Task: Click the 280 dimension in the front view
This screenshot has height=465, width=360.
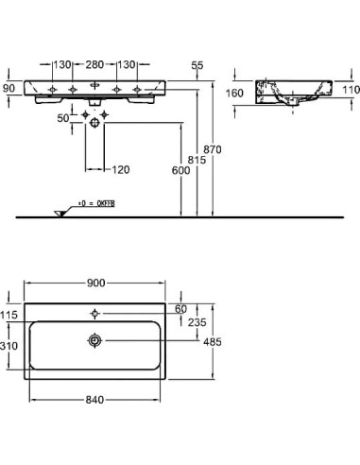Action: [94, 65]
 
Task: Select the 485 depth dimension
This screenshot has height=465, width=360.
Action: [214, 343]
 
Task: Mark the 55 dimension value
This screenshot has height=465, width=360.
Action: [197, 65]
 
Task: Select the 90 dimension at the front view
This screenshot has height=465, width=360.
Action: [9, 87]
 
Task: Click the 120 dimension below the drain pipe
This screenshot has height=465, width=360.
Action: [120, 169]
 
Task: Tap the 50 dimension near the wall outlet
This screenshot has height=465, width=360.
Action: [62, 118]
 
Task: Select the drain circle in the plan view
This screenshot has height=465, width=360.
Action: [94, 338]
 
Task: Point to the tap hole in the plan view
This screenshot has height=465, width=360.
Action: [94, 311]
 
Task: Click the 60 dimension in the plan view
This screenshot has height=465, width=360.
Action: [181, 309]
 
